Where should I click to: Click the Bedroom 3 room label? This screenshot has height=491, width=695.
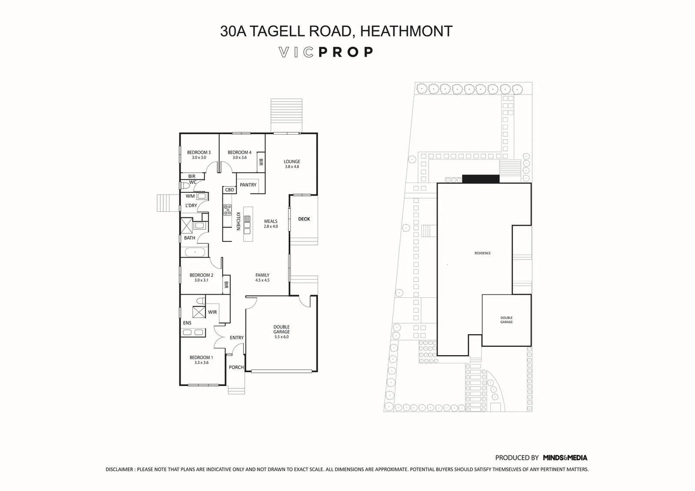pos(199,152)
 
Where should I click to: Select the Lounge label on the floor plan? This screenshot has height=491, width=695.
pos(292,161)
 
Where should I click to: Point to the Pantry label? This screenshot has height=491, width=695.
pos(248,185)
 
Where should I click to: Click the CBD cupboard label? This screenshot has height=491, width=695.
pos(229,190)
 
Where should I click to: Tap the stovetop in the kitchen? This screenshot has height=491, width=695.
pos(227,210)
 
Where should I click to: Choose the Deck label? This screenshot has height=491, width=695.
pos(304,219)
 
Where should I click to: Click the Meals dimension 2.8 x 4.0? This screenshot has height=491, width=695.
pos(271,226)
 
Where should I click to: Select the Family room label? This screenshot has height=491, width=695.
pos(262,275)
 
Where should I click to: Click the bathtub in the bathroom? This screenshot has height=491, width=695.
pos(195,252)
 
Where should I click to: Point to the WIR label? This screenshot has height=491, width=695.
pos(212,312)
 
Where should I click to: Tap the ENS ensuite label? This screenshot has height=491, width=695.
pos(187,323)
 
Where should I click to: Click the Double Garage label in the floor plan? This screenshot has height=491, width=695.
pos(282,330)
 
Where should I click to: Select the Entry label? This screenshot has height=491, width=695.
pos(237,338)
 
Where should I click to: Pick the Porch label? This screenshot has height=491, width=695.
pos(236,367)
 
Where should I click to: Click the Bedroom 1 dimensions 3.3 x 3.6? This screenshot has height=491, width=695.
pos(201,363)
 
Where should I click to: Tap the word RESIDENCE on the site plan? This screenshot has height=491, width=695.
pos(483,253)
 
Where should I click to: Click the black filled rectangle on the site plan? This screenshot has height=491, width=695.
pos(481,179)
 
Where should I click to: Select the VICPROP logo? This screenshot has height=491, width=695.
pos(326,52)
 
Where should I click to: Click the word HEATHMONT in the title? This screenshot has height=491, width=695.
pos(406,31)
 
